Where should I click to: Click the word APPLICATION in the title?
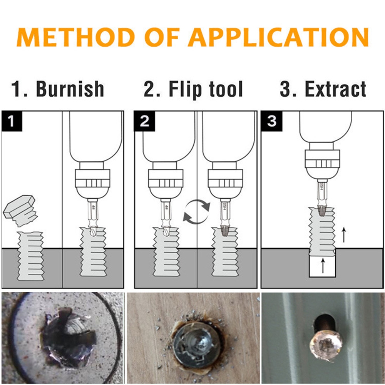pos(278,37)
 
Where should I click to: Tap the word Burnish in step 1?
pos(70,89)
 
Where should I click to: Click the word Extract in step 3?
pos(335,89)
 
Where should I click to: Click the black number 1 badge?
pos(12,121)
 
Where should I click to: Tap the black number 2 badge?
pos(144,121)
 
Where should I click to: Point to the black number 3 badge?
pos(271,121)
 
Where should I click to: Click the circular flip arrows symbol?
pos(197,212)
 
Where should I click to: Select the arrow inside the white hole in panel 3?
pos(323,265)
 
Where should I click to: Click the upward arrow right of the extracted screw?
pos(344,235)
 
